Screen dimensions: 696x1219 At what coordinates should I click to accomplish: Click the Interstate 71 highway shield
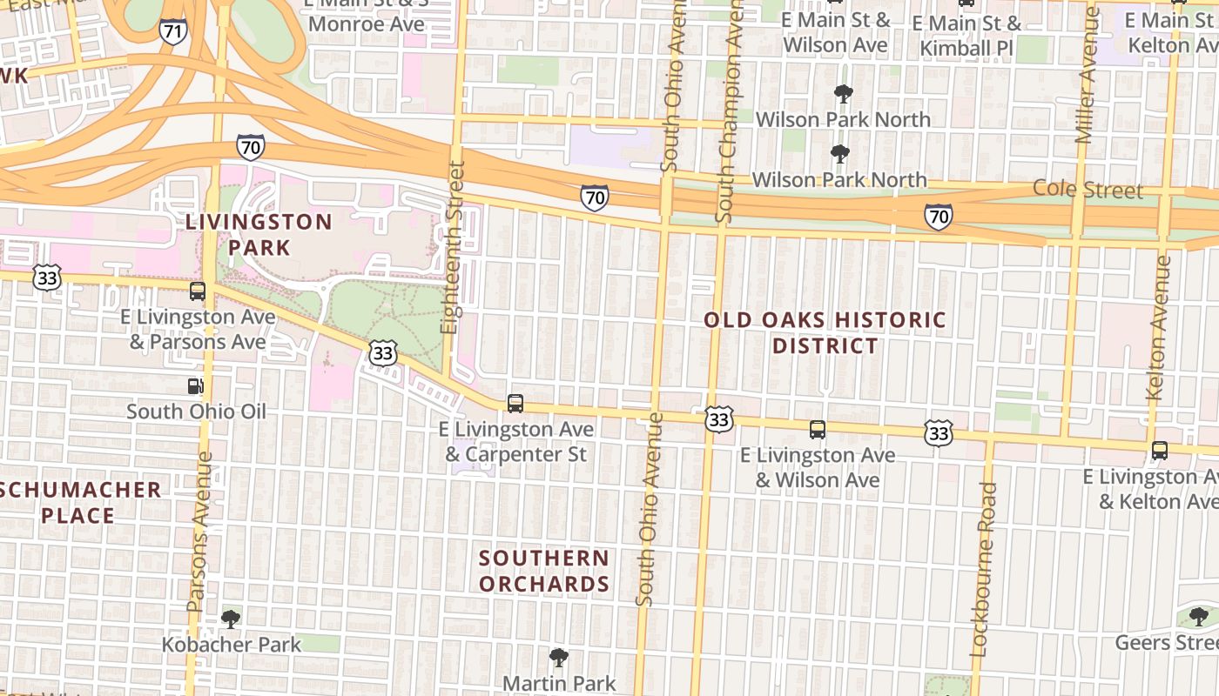(x=173, y=32)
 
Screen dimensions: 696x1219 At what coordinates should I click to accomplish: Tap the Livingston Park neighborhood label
(x=259, y=235)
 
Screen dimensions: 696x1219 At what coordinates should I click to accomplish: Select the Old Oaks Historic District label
(x=825, y=333)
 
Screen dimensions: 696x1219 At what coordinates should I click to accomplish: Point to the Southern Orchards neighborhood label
(x=544, y=571)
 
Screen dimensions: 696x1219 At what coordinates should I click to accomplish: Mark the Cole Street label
(x=1088, y=190)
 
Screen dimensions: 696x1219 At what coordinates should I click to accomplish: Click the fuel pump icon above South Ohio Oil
(x=196, y=385)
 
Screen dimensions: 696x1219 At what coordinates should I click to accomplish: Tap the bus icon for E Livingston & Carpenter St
(x=515, y=404)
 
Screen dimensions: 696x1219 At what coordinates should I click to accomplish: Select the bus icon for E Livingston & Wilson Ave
(x=817, y=429)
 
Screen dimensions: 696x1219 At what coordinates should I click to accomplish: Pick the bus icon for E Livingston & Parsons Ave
(x=198, y=291)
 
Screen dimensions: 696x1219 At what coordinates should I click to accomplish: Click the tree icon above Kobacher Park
(x=231, y=619)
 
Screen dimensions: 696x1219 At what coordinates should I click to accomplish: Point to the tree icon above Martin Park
(x=559, y=658)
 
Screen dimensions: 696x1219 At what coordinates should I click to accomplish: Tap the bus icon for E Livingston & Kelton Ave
(x=1159, y=451)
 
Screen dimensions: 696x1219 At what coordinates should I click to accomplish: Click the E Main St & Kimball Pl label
(x=966, y=35)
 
